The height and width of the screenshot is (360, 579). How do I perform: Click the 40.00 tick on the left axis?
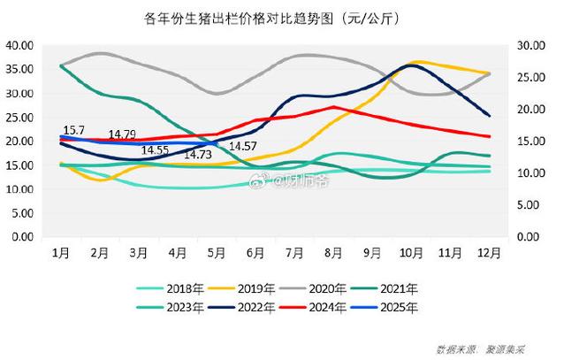pos(20,45)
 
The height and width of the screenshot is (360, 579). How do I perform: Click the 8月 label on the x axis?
pos(333,253)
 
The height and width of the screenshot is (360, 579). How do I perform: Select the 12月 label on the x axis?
pos(489,253)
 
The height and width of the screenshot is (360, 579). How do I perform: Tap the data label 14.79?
pos(122,134)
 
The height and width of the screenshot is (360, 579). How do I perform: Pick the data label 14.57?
pos(243,147)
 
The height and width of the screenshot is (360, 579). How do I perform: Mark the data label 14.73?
pos(197,155)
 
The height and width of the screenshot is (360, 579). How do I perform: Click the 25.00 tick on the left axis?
pos(20,117)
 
